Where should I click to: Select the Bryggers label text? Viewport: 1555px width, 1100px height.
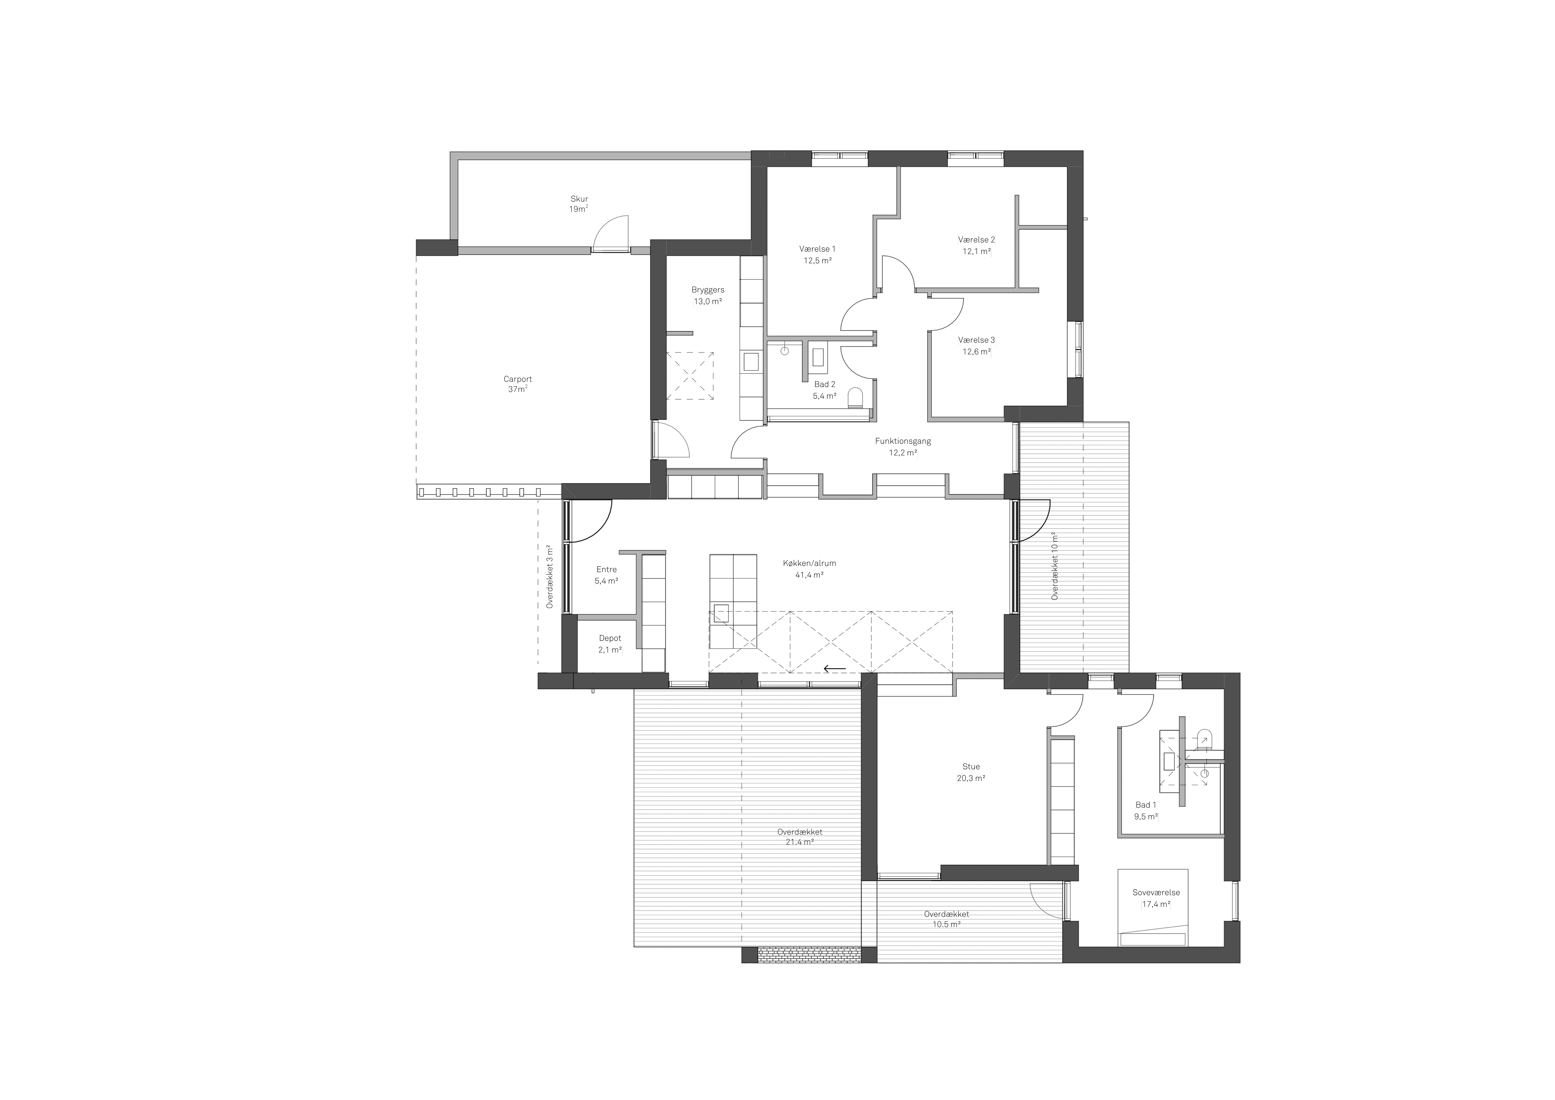click(x=708, y=290)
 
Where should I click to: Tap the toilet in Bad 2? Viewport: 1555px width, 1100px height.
click(x=855, y=398)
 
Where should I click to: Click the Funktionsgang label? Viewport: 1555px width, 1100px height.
click(x=903, y=441)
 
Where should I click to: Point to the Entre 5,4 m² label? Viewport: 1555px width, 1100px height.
click(x=606, y=575)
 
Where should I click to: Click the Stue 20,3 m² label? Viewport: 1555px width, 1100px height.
click(x=971, y=772)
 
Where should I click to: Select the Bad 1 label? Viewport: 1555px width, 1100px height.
click(x=1146, y=805)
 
